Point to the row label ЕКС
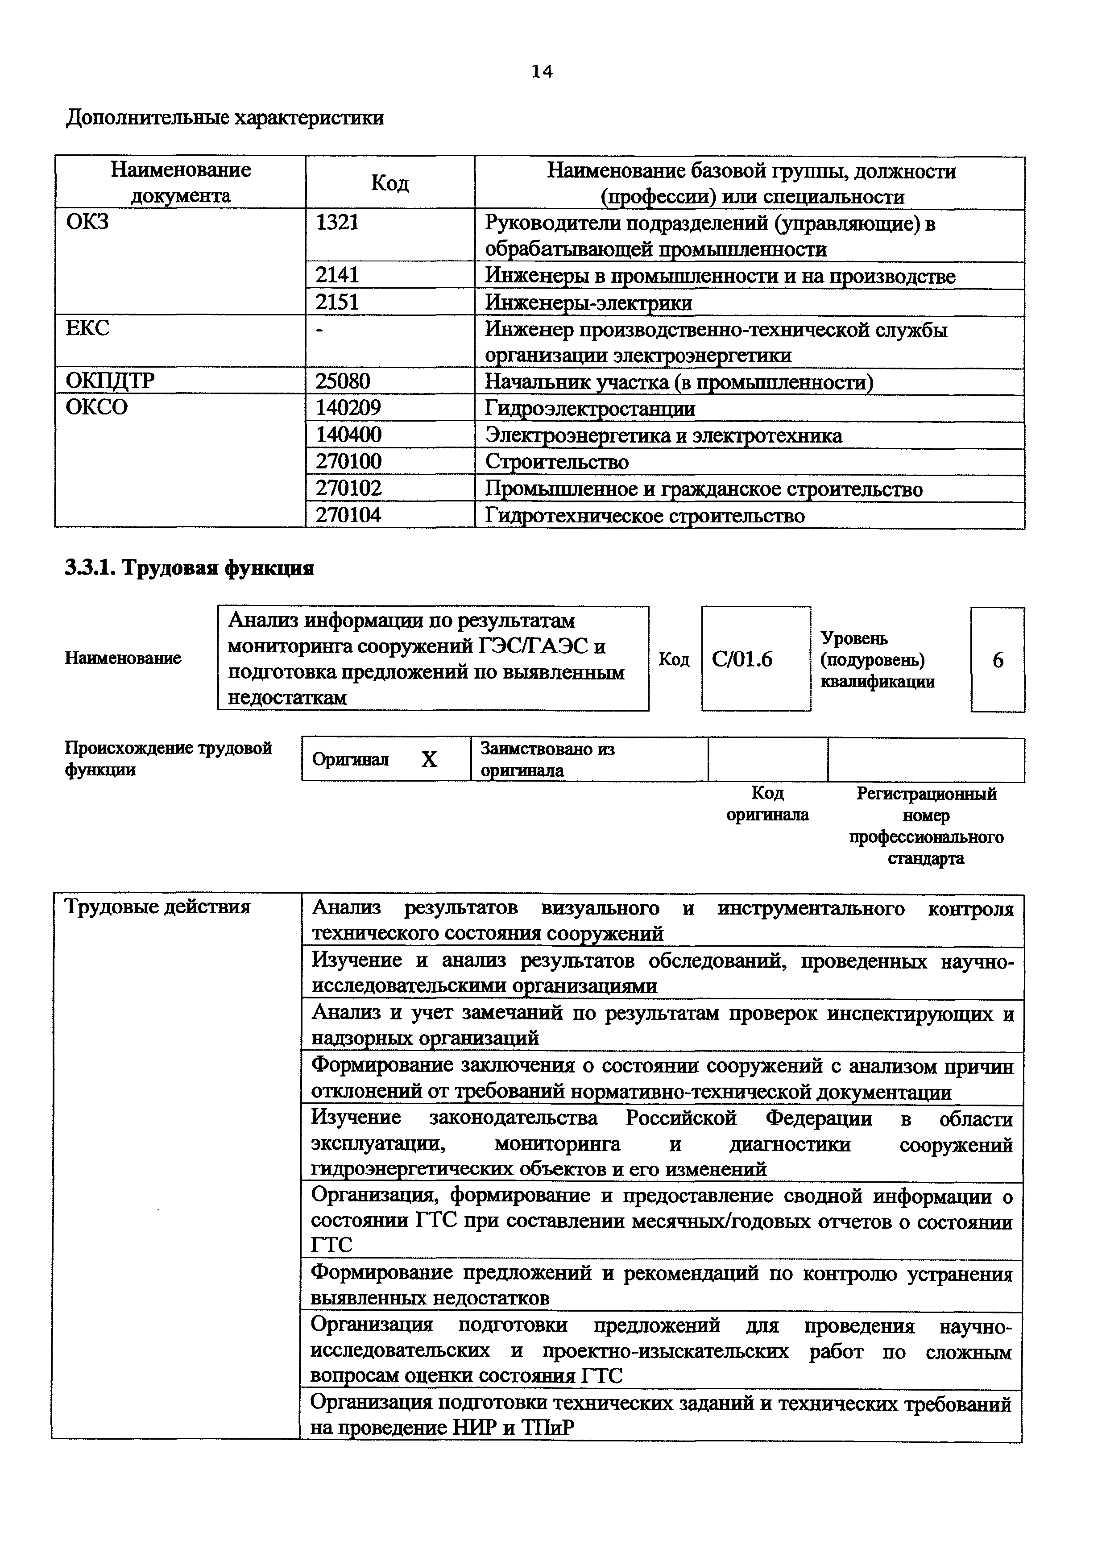pos(87,328)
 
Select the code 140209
pos(348,408)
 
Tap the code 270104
pos(348,515)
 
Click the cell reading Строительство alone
pos(557,462)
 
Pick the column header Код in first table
pos(390,183)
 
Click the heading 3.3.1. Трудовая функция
pos(190,568)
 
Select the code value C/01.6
pos(742,660)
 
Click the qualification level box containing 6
pos(998,660)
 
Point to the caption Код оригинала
pos(767,804)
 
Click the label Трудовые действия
pos(157,907)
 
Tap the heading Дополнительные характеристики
pos(225,118)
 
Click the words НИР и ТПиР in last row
pos(514,1428)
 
